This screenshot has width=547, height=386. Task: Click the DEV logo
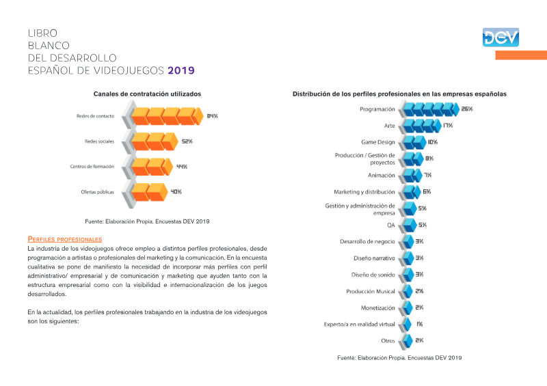(x=501, y=38)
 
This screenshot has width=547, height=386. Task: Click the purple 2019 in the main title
(x=181, y=70)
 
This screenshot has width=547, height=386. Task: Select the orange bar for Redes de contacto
(x=168, y=116)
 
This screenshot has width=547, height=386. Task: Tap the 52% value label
(x=187, y=141)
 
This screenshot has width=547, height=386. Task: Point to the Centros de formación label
(x=92, y=167)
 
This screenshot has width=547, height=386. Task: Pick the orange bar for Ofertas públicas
(x=149, y=192)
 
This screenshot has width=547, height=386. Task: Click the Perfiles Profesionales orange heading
(x=65, y=239)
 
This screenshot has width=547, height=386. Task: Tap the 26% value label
(x=467, y=109)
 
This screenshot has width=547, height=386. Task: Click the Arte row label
(x=389, y=126)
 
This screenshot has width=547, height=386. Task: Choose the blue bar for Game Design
(x=415, y=142)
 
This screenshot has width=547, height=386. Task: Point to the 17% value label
(x=448, y=126)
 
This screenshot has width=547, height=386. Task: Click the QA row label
(x=390, y=225)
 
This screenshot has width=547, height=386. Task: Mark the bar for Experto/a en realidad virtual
(x=407, y=325)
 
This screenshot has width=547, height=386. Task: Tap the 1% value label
(x=419, y=325)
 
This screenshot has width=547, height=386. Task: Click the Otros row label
(x=388, y=341)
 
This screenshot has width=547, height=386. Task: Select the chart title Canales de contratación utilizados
(x=147, y=94)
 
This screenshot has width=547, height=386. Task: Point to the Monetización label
(x=378, y=308)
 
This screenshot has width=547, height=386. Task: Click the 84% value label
(x=213, y=116)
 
